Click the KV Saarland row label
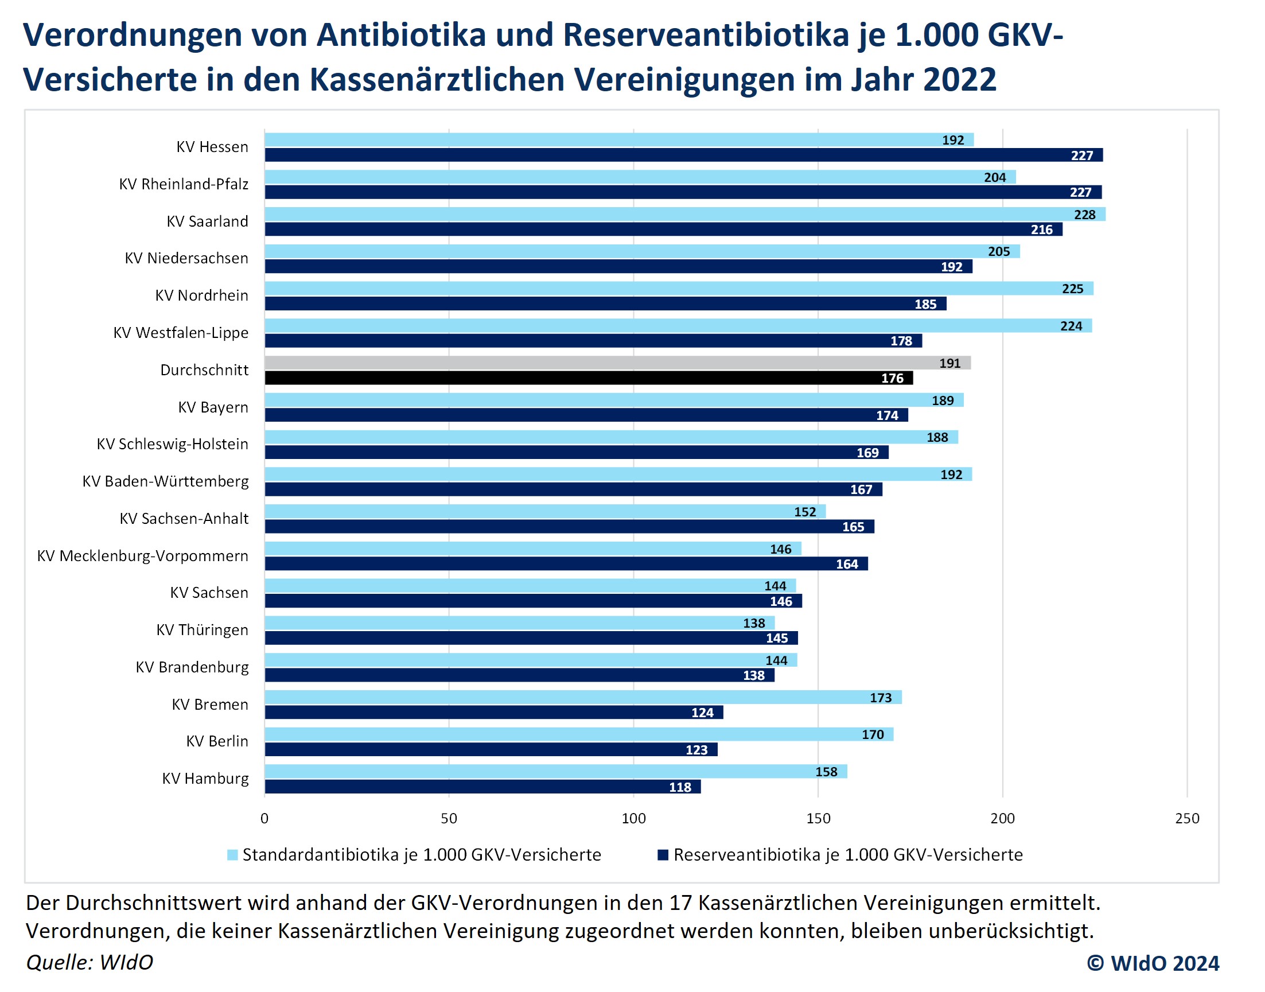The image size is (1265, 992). (x=207, y=221)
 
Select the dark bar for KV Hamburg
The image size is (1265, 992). (x=482, y=787)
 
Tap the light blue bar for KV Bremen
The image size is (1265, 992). (x=582, y=697)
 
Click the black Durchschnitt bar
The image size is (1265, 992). (x=589, y=378)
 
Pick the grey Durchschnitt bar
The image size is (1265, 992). (x=617, y=363)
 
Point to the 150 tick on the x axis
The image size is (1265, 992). (x=818, y=818)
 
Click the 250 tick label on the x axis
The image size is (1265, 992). (x=1186, y=818)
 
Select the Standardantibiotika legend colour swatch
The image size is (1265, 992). (x=232, y=855)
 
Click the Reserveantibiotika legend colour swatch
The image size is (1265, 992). (x=663, y=855)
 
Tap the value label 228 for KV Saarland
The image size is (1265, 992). (x=1084, y=215)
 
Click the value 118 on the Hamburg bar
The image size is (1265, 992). (x=680, y=787)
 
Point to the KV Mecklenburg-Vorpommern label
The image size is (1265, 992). (x=142, y=556)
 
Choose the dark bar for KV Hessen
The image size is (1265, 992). (x=683, y=155)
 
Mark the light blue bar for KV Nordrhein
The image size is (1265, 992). (x=678, y=289)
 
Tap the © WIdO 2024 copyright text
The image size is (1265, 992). (x=1153, y=962)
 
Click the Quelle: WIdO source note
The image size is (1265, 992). (x=89, y=962)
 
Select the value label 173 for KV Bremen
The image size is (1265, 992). (x=881, y=698)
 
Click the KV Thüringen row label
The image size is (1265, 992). (x=202, y=630)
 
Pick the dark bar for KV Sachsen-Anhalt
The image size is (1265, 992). (x=569, y=527)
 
